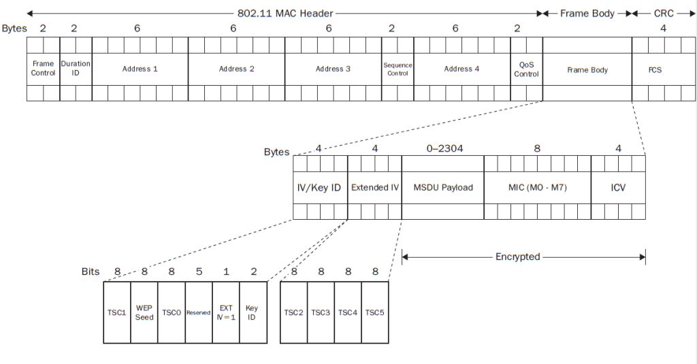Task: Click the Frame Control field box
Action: click(43, 69)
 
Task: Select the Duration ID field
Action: click(76, 69)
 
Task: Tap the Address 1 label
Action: click(140, 69)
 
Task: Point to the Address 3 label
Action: click(333, 69)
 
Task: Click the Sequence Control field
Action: click(398, 69)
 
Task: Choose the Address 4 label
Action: click(461, 69)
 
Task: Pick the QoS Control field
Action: click(526, 69)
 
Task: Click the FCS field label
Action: click(655, 69)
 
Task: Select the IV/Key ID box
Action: click(320, 187)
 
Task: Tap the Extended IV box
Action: click(374, 187)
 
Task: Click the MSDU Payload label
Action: click(442, 187)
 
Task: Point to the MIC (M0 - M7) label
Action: click(537, 187)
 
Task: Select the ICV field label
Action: click(618, 187)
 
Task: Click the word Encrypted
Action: click(517, 257)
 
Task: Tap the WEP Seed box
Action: click(144, 312)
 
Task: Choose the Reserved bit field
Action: click(198, 312)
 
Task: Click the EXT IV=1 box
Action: click(226, 312)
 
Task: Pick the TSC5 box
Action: click(374, 312)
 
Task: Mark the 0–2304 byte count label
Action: click(442, 148)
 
